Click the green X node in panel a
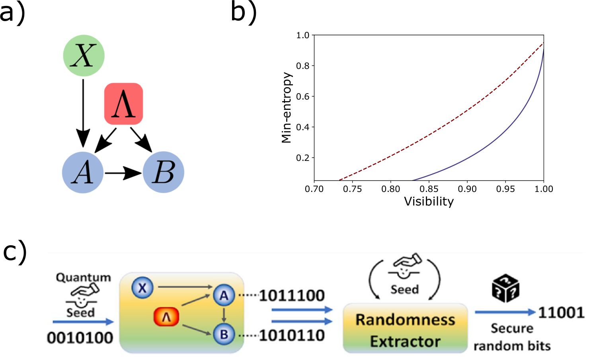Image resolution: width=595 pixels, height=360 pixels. coord(84,56)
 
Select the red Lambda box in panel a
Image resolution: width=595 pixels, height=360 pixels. coord(123,104)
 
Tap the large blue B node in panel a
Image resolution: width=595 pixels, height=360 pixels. coord(164,172)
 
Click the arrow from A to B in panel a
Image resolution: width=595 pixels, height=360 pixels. coord(123,173)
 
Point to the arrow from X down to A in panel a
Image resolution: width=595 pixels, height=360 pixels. coord(83,113)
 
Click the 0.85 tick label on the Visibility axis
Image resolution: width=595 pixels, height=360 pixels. coord(429,189)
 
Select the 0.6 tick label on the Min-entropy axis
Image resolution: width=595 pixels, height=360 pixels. coord(302,96)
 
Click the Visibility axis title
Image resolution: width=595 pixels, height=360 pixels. coord(429,202)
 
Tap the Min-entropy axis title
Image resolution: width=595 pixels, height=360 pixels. coord(287,108)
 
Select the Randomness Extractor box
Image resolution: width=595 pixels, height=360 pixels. coord(405,328)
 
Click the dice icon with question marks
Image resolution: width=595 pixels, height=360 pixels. coord(506,288)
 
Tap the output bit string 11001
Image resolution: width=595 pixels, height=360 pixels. coord(561,313)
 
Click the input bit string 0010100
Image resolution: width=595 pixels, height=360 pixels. coord(80,338)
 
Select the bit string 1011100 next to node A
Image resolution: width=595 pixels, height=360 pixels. coord(292,295)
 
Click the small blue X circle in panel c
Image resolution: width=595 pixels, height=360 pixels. coord(142,288)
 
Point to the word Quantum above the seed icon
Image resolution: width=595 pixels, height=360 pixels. coord(84,278)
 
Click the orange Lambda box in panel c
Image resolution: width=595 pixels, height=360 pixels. coord(166,317)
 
